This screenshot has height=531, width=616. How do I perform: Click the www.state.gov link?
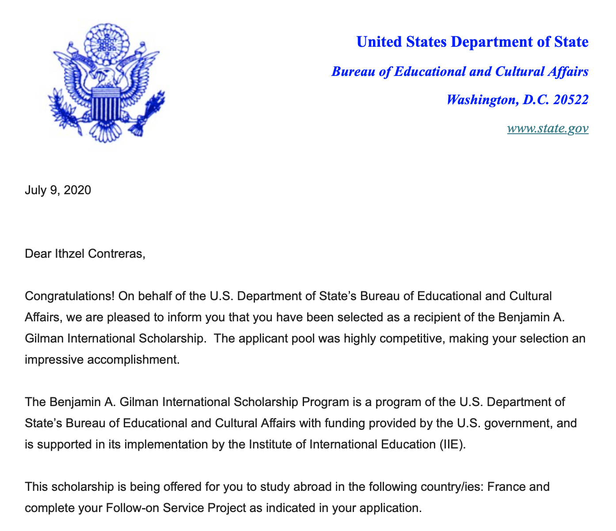pyautogui.click(x=548, y=128)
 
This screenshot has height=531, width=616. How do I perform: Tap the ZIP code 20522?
pyautogui.click(x=570, y=100)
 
